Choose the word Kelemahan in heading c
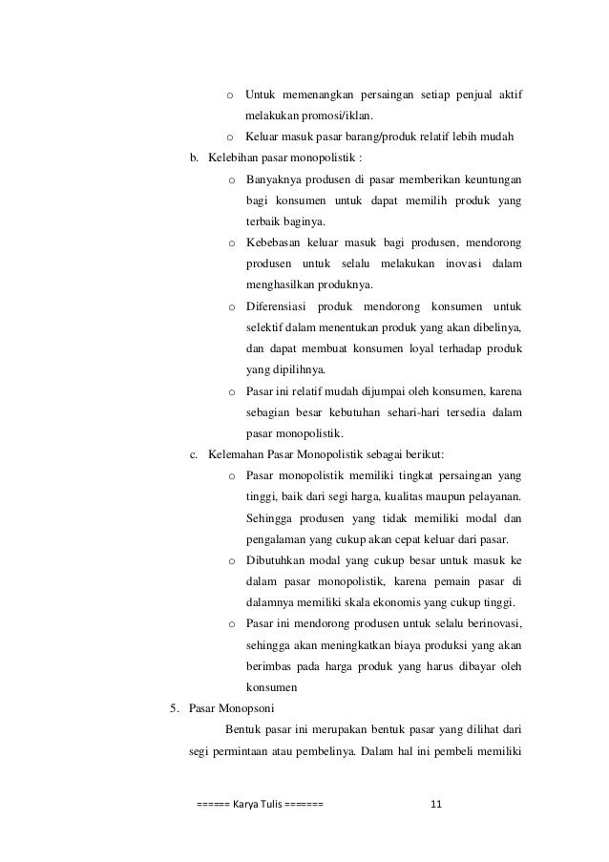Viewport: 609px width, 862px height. (235, 454)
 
